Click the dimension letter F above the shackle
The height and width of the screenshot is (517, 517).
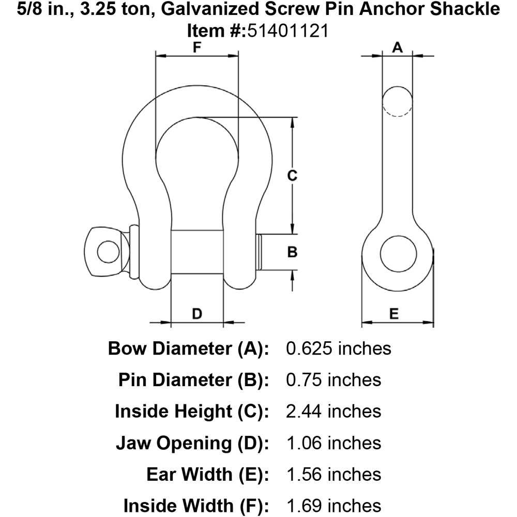197,47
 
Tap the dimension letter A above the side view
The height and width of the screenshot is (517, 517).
397,48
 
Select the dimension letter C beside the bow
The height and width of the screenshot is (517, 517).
292,175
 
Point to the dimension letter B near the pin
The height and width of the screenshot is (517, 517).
292,252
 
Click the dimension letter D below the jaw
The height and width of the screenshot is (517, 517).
197,314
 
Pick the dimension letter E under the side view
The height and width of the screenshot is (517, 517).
394,314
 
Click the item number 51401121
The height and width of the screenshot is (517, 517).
288,32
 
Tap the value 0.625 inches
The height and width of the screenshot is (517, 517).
339,348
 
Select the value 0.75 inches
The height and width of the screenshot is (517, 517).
333,380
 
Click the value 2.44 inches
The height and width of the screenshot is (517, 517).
333,411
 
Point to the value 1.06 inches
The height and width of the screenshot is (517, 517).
333,443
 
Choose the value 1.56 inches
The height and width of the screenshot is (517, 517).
333,475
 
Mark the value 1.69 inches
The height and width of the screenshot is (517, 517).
333,506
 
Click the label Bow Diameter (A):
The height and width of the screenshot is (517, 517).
189,348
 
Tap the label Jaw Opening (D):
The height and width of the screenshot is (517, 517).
192,443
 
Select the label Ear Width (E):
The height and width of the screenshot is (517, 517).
208,475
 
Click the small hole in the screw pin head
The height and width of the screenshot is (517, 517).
108,252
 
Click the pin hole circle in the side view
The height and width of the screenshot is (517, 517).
398,253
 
